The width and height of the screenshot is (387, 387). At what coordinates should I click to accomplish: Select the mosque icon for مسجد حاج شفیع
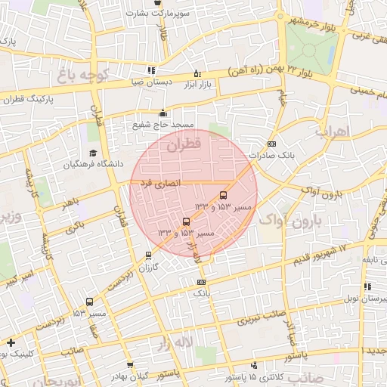tap(163, 114)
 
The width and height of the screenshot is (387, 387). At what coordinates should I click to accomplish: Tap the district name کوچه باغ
tap(84, 76)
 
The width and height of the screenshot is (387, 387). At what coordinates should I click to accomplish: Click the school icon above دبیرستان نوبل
tap(367, 286)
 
